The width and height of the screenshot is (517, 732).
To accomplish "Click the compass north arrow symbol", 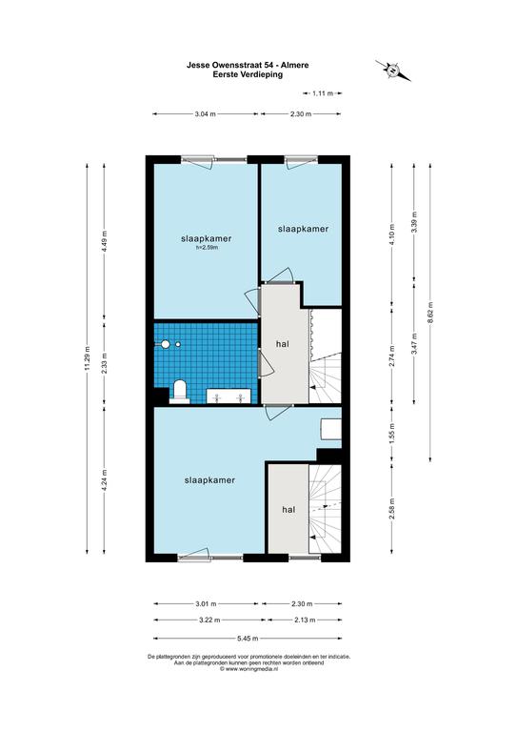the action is pos(393,71).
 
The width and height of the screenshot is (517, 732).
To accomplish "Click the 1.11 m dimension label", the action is pos(323,93).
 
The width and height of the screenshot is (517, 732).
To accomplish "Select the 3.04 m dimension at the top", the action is pos(205,114).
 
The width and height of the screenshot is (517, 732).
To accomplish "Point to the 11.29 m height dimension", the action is pos(87,358).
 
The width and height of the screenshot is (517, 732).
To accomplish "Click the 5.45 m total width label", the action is pos(248,639).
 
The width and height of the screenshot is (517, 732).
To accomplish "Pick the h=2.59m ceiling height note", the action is pos(207,248).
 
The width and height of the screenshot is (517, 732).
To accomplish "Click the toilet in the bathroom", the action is pos(179,391).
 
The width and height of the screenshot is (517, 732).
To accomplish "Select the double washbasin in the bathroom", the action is pos(229,396).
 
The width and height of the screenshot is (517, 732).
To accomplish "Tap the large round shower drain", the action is pos(165,344).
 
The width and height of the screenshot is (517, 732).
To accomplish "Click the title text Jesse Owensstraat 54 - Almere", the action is pos(248,66).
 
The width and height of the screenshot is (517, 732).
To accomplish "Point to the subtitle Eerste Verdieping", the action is pos(248,74).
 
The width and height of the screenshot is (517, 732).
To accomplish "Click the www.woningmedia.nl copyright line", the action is pos(249,668).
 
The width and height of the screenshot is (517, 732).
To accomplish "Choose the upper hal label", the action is pos(283,343).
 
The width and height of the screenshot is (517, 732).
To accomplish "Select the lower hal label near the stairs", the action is pos(288,510).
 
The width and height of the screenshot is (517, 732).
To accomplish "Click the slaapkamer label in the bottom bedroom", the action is pos(209,480).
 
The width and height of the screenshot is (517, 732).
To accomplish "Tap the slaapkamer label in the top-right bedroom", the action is pos(303,229).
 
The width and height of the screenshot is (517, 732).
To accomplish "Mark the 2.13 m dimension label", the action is pos(305,620).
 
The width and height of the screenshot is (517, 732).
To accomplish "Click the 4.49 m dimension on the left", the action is pos(104,241).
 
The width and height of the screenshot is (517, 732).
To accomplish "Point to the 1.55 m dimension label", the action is pos(391,434).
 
